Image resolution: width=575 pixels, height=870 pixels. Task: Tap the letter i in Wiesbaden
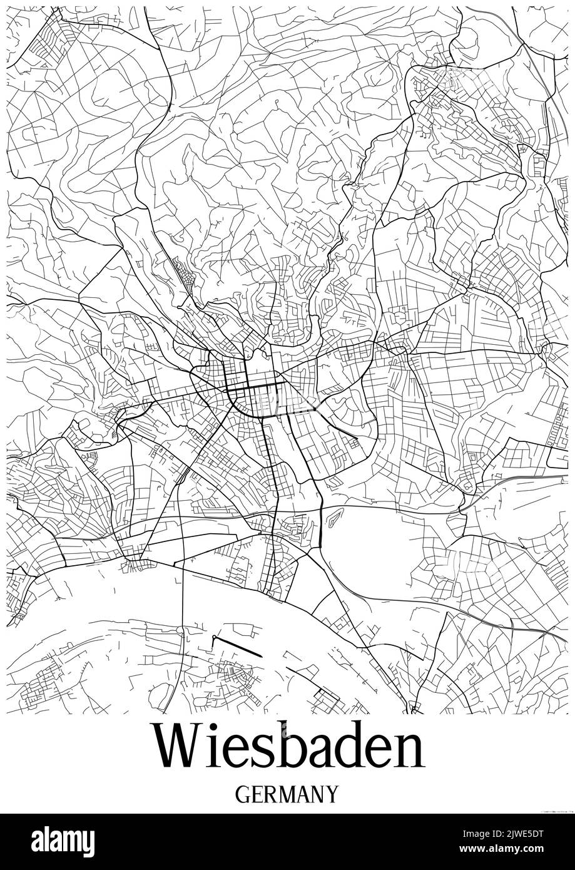click(x=216, y=747)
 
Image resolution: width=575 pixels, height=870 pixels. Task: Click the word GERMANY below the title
click(x=287, y=794)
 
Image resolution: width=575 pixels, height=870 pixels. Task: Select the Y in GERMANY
click(x=332, y=794)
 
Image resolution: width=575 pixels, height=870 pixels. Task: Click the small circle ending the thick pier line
click(x=214, y=637)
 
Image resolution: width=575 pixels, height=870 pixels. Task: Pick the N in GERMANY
click(x=317, y=794)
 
